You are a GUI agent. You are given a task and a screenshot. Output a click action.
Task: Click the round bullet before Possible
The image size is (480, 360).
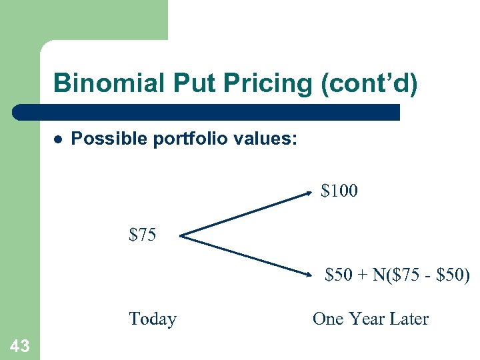(x=58, y=140)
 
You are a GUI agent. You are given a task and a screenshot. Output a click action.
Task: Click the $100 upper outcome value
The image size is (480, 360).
(x=339, y=191)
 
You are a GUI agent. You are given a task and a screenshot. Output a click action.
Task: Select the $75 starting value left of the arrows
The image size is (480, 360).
(x=143, y=235)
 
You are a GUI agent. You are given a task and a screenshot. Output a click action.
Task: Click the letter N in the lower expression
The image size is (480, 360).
(x=380, y=275)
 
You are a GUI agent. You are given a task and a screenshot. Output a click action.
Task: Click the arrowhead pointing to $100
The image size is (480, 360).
(x=308, y=194)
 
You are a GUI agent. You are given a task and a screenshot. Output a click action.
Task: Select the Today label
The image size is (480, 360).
(x=153, y=319)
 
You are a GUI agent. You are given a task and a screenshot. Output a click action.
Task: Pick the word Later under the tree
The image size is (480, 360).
(x=409, y=319)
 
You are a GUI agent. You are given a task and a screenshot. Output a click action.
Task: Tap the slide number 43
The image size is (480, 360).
(x=19, y=345)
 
